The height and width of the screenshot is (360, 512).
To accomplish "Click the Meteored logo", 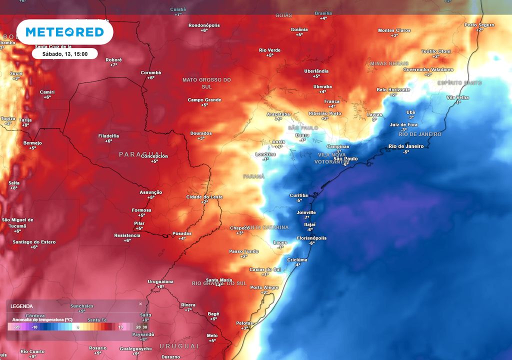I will click(64, 32).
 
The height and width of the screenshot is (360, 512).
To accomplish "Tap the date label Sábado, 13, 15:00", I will click(64, 53).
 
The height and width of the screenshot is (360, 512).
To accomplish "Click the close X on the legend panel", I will click(140, 303).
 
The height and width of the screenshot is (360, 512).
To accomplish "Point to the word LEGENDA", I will click(21, 306).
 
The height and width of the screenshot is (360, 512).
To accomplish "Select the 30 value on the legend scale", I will click(144, 327).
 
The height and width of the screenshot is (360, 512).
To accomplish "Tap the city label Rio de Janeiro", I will click(406, 146).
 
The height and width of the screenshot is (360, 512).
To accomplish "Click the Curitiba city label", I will click(299, 195).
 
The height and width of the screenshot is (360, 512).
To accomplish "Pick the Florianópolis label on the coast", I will click(311, 238).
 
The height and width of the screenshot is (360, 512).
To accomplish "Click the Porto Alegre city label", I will click(264, 287).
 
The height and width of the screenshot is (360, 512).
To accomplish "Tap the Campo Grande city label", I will click(204, 100).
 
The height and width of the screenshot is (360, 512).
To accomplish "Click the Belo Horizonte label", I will click(393, 89).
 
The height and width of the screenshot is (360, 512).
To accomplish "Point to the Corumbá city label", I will click(151, 72).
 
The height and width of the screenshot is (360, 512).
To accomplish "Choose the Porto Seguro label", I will click(479, 24).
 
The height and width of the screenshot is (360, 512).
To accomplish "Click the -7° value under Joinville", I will click(306, 217).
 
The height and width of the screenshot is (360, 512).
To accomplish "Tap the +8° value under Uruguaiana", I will click(161, 286).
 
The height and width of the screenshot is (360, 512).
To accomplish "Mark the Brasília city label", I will click(323, 13).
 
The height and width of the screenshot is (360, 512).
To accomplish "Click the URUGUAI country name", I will click(178, 346).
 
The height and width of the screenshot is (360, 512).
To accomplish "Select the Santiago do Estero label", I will click(34, 242).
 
